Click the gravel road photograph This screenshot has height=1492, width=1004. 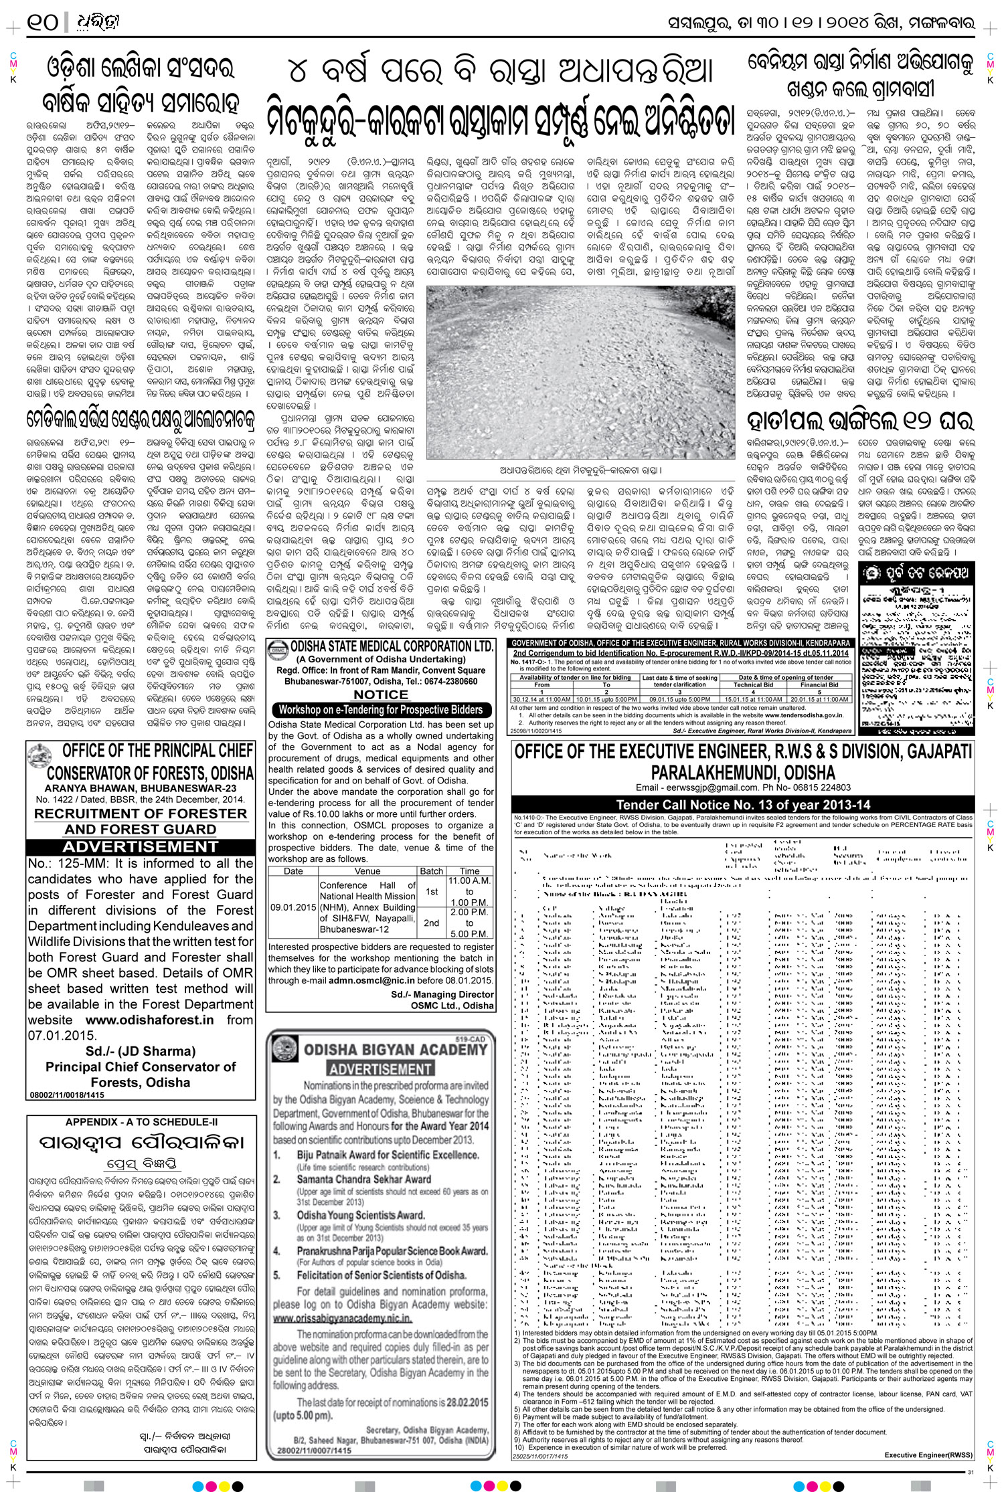(x=580, y=372)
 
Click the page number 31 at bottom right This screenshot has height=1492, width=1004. (x=971, y=1471)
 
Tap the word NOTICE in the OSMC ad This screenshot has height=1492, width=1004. (x=381, y=694)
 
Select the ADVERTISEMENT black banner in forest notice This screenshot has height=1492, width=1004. (x=141, y=846)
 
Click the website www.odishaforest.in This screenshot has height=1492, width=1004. (x=150, y=1020)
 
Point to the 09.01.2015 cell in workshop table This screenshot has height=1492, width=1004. (x=293, y=907)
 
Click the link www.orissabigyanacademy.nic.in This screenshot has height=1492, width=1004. (x=342, y=1318)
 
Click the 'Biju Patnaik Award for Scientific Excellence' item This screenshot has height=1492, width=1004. (x=388, y=1155)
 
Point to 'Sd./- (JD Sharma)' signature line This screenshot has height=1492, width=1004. (x=141, y=1051)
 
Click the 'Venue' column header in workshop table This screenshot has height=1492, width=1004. (x=367, y=871)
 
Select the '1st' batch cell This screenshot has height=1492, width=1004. (x=432, y=891)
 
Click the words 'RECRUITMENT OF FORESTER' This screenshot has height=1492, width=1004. (x=141, y=814)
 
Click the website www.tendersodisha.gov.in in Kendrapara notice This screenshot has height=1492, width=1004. (x=805, y=715)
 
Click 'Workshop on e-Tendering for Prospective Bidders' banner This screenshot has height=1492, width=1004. (x=381, y=710)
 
